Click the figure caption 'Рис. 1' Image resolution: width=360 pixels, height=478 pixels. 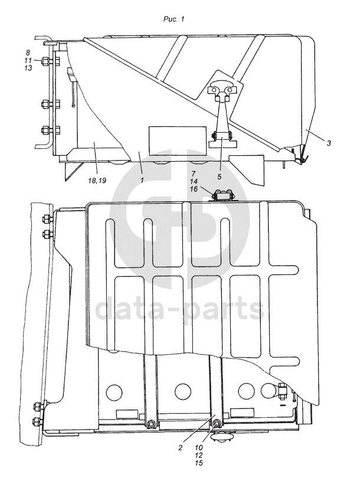(x=174, y=19)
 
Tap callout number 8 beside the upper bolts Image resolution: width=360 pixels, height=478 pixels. (x=28, y=53)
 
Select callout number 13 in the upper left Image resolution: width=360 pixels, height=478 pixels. (x=28, y=68)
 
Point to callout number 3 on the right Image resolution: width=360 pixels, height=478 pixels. (x=328, y=143)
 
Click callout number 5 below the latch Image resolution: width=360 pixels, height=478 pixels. (x=220, y=176)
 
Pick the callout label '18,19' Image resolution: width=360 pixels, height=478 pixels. (x=97, y=181)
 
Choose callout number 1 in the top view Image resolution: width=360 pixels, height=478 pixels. (x=142, y=180)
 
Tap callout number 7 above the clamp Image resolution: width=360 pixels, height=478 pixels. (x=193, y=173)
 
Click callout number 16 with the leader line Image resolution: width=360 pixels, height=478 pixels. (x=194, y=189)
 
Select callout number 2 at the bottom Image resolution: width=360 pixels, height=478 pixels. (x=181, y=448)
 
